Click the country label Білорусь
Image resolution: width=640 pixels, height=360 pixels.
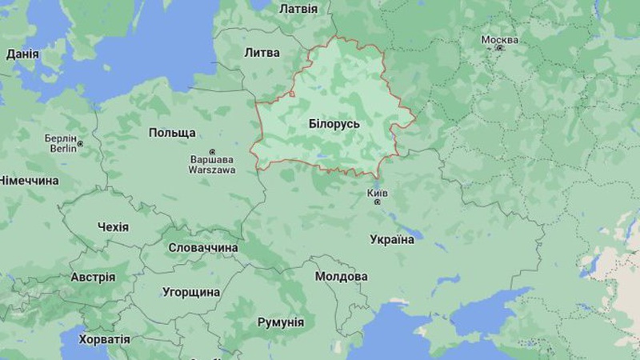coord(334,125)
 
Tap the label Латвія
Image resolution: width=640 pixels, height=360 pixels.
coord(298,9)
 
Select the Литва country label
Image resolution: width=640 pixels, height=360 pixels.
coord(262,53)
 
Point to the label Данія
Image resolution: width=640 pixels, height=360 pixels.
coord(23,54)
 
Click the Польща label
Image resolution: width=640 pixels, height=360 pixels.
coord(172,132)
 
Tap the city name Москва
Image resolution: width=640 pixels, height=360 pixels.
coord(499,39)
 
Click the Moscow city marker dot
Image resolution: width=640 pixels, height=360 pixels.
coord(500,48)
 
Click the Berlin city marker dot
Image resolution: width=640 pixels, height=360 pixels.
coord(79,145)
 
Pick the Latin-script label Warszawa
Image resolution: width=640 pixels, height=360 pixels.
coord(212,170)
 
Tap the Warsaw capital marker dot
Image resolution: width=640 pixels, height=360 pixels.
coord(212,152)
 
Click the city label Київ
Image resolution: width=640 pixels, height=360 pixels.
coord(377,193)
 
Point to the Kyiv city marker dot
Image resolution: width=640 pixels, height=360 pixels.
coord(378,202)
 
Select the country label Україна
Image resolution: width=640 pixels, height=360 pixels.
coord(392,239)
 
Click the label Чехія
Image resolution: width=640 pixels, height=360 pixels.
coord(113,227)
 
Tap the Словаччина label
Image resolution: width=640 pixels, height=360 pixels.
coord(203,248)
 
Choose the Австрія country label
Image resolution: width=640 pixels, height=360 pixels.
coord(93,278)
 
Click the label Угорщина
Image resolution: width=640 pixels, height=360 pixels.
coord(191,292)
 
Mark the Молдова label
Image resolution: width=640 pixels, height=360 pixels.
coord(342,276)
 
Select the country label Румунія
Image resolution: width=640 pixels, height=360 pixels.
coord(280,322)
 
